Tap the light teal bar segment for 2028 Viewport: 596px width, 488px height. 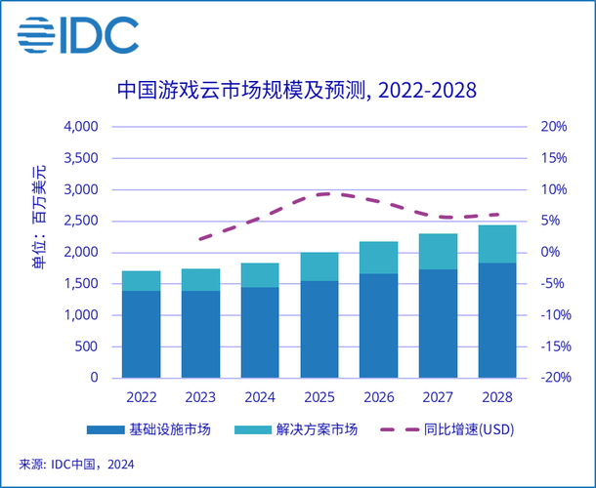[x=497, y=244]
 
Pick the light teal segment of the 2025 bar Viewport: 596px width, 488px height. [x=319, y=266]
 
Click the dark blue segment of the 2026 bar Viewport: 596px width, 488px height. [x=379, y=325]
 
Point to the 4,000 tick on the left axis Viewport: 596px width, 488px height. [x=81, y=127]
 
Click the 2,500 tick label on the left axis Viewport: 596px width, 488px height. [x=81, y=222]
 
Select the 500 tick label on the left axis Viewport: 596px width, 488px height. [x=88, y=346]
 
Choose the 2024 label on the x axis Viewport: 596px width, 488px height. [x=260, y=397]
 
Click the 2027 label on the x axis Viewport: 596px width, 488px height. [x=438, y=397]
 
